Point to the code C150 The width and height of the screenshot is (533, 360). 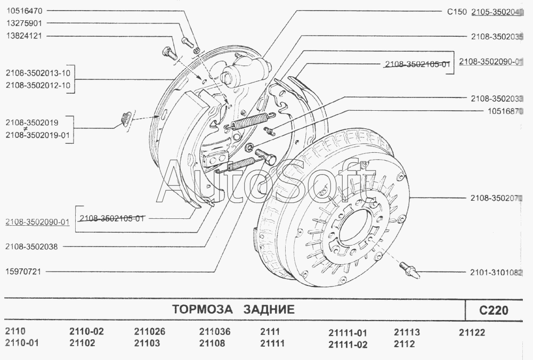(457, 12)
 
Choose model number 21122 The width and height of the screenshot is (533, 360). (472, 332)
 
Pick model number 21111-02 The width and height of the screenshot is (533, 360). (348, 345)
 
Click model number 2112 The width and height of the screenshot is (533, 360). (404, 344)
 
